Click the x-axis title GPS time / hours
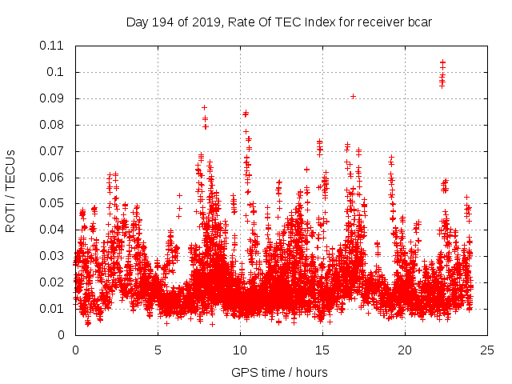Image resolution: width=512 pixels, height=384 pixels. click(280, 372)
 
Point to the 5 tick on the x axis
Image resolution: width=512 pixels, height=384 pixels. click(158, 350)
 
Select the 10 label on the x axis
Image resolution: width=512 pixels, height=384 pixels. click(240, 350)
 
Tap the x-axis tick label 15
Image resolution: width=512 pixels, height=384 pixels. click(322, 350)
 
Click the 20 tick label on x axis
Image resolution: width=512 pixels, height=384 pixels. click(405, 350)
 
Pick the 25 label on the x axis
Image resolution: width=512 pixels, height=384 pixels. click(487, 350)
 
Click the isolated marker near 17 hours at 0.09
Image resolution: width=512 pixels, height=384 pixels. click(353, 96)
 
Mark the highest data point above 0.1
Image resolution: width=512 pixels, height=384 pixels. click(442, 61)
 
